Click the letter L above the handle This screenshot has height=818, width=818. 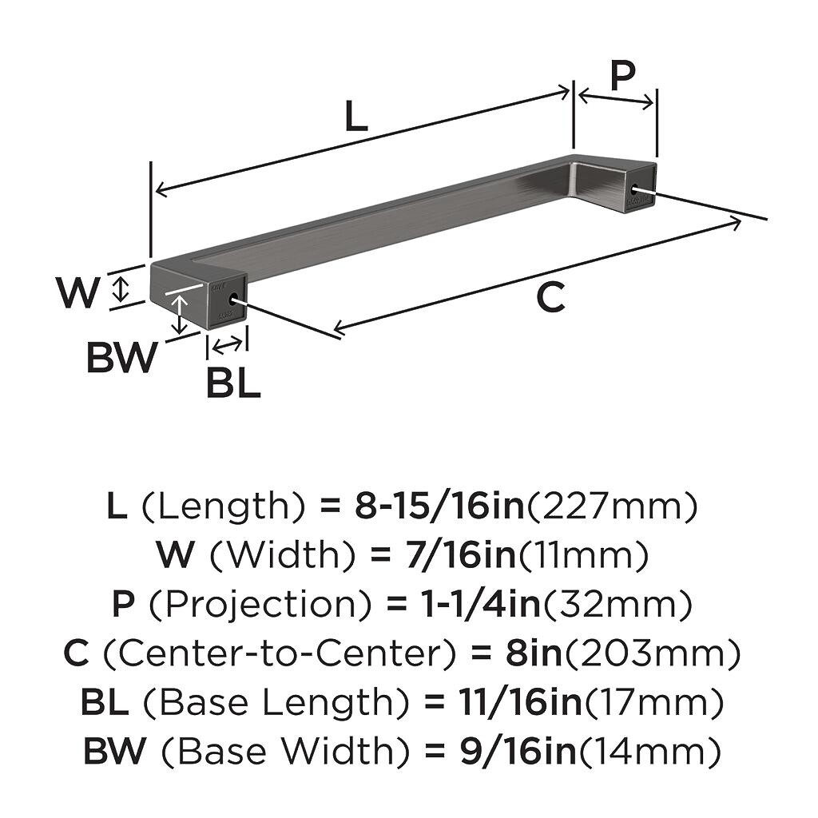pyautogui.click(x=357, y=115)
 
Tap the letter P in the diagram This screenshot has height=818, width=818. pyautogui.click(x=623, y=76)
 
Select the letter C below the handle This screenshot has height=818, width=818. pyautogui.click(x=550, y=297)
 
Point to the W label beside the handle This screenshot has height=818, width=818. pyautogui.click(x=77, y=292)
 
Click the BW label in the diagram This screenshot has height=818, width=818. pyautogui.click(x=121, y=357)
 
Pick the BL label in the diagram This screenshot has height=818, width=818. pyautogui.click(x=233, y=383)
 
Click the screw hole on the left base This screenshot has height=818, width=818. pyautogui.click(x=233, y=299)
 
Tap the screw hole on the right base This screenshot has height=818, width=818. pyautogui.click(x=636, y=190)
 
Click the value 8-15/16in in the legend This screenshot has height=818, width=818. pyautogui.click(x=439, y=506)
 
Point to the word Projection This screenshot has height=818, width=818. pyautogui.click(x=260, y=604)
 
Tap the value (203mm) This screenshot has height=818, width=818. pyautogui.click(x=653, y=653)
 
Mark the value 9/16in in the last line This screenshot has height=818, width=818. pyautogui.click(x=518, y=751)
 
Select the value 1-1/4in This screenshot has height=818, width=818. pyautogui.click(x=480, y=604)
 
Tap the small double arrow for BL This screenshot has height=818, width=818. pyautogui.click(x=228, y=345)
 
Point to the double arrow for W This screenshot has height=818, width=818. pyautogui.click(x=121, y=289)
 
